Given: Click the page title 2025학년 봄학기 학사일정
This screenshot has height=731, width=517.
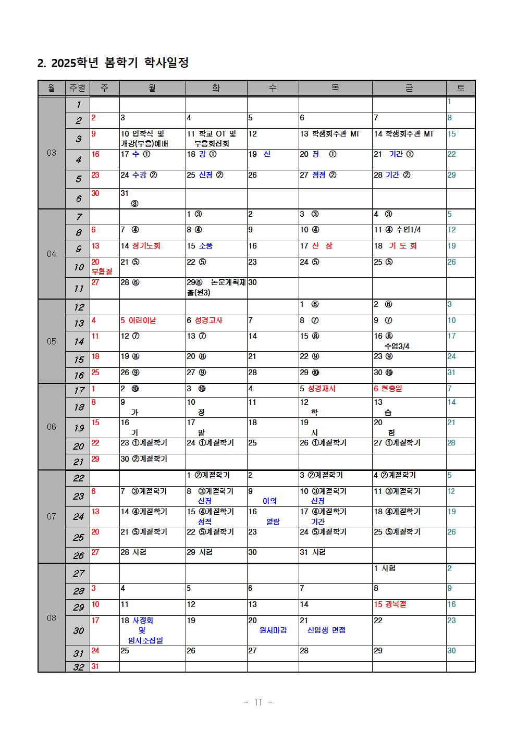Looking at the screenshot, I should (x=113, y=63).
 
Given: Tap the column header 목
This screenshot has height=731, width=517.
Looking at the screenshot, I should (x=335, y=89).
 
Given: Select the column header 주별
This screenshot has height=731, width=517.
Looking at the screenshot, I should (x=78, y=89).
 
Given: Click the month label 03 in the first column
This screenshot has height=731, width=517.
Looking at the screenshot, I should (x=52, y=153).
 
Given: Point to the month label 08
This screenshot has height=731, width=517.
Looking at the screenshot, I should (x=52, y=618).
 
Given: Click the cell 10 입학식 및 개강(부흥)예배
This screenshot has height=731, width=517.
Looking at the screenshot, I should (x=145, y=139).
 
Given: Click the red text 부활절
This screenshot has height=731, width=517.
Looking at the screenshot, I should (x=102, y=271).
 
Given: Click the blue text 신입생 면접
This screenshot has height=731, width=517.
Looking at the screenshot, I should (x=326, y=630).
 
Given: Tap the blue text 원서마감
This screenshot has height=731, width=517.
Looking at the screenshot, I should (x=273, y=630).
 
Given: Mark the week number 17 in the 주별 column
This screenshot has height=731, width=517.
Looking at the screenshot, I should (x=78, y=391).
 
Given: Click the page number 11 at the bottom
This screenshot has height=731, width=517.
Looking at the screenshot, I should (x=258, y=702).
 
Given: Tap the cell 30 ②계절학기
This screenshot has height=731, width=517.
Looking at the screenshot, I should (x=144, y=459).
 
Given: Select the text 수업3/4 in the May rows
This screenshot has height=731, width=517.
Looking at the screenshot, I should (x=397, y=346).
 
